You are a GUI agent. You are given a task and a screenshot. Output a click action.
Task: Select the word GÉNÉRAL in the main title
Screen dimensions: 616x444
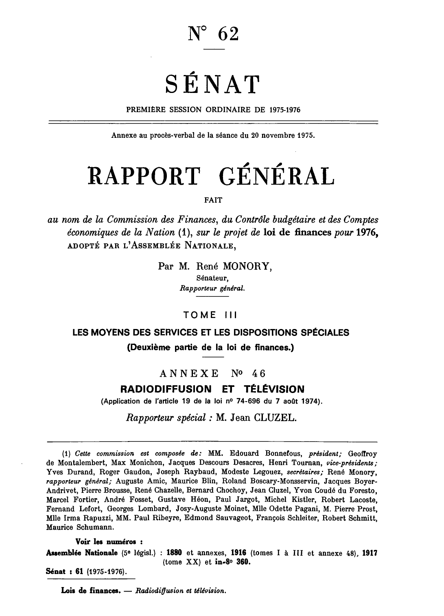pyautogui.click(x=277, y=174)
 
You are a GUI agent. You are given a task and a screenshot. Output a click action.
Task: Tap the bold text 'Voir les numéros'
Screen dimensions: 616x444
pyautogui.click(x=109, y=543)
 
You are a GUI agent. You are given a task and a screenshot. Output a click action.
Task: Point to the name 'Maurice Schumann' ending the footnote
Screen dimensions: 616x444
pyautogui.click(x=74, y=528)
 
